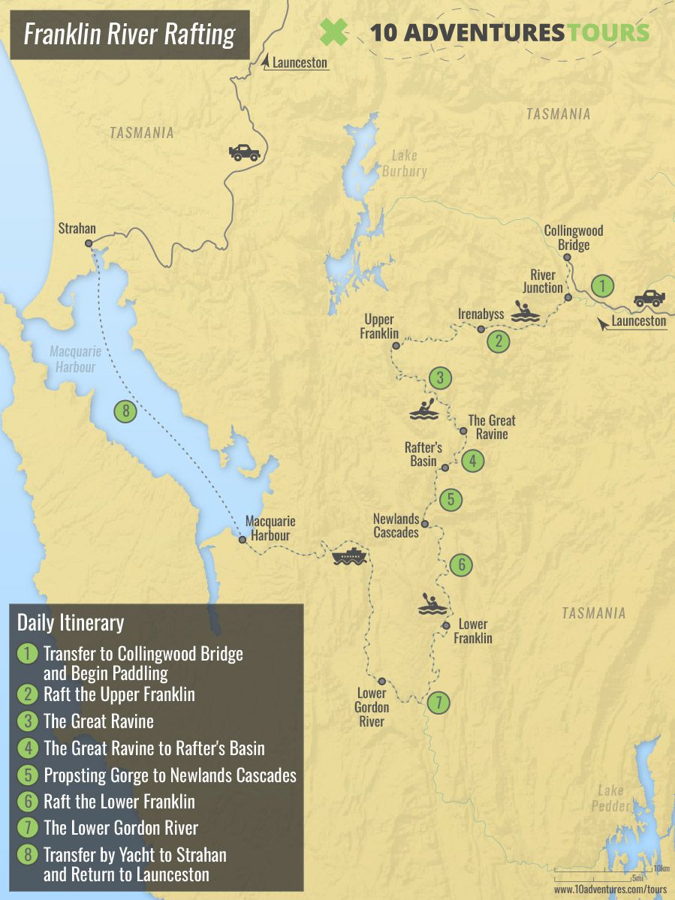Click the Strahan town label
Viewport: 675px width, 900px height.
[x=77, y=229]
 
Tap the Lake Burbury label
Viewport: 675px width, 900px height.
[x=408, y=163]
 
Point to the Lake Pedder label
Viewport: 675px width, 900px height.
[x=610, y=798]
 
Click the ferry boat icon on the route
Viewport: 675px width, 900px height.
[x=348, y=556]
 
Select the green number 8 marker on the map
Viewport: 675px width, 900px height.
[x=125, y=411]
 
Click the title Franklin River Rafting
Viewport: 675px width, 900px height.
[x=129, y=35]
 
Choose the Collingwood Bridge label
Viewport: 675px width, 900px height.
[x=574, y=237]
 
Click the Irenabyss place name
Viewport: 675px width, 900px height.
[x=481, y=314]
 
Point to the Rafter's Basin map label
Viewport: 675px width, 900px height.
[x=423, y=454]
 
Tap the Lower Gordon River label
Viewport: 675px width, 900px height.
[x=372, y=707]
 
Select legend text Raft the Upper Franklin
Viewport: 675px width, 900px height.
[x=119, y=694]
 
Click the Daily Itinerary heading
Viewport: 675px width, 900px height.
[x=71, y=622]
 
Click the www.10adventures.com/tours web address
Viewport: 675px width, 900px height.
[x=610, y=889]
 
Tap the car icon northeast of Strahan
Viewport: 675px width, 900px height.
[x=244, y=152]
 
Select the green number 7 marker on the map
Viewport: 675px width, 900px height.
[x=439, y=703]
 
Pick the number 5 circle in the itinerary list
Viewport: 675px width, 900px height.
[x=28, y=775]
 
